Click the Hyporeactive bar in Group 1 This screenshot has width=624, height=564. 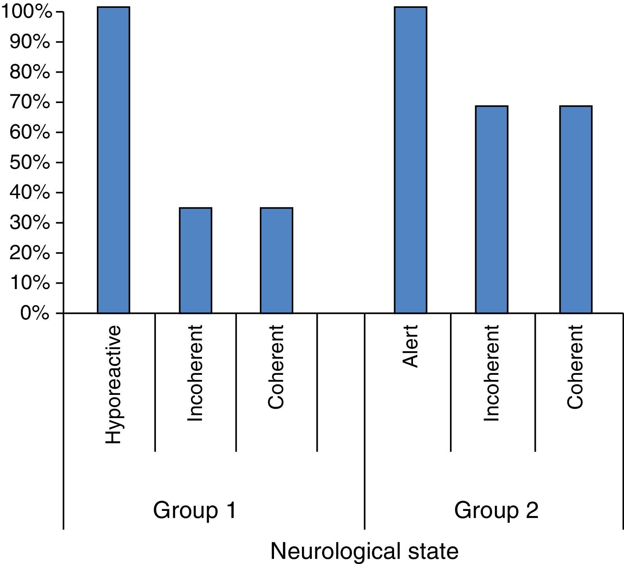click(113, 160)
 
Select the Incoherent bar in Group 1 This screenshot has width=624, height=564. click(195, 260)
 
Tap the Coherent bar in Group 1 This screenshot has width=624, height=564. click(276, 260)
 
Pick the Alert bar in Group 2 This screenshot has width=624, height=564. click(410, 160)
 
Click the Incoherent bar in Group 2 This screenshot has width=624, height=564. click(491, 210)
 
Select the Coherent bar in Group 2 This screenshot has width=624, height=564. click(576, 210)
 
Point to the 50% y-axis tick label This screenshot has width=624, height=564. click(30, 162)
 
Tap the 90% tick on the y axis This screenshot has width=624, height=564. click(30, 42)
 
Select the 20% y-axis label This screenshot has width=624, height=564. click(30, 253)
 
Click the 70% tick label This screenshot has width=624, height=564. click(30, 102)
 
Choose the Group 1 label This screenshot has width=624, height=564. click(194, 511)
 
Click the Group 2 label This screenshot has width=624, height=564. click(496, 511)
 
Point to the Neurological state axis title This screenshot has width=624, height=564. click(364, 551)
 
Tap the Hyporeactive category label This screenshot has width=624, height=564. click(113, 385)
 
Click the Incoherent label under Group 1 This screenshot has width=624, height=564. click(195, 373)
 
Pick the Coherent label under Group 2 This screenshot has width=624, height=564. click(575, 367)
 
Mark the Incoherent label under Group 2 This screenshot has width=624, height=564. click(492, 373)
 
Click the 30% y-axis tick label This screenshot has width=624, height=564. click(30, 223)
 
